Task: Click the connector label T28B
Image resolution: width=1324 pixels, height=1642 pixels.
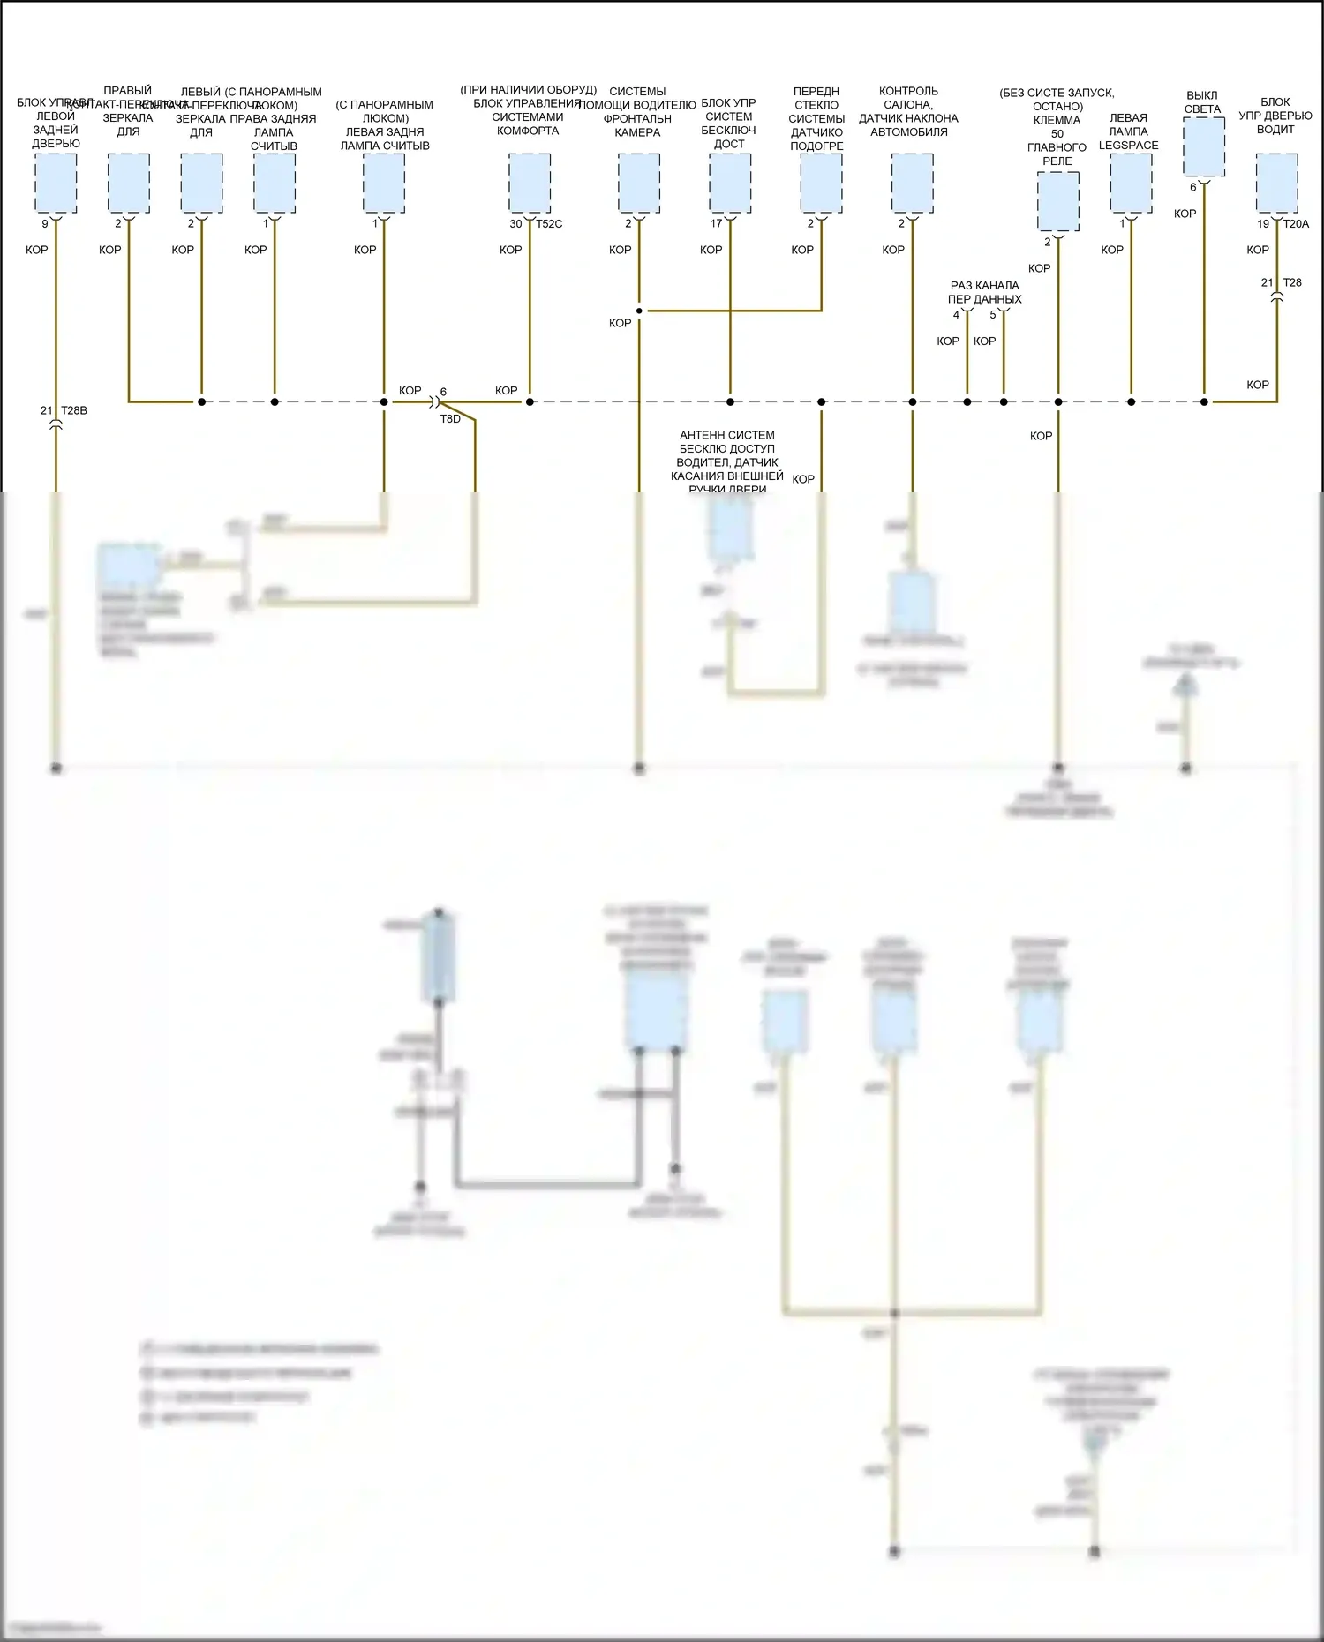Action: pos(74,410)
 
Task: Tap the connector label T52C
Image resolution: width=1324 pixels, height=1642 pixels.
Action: pos(549,224)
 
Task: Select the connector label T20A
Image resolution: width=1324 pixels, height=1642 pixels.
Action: pos(1296,224)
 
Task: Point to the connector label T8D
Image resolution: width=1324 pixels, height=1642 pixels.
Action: pos(450,419)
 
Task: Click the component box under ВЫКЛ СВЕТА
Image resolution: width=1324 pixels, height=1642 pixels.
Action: pos(1204,146)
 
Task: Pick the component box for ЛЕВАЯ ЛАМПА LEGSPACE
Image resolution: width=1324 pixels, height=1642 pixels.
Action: pos(1131,183)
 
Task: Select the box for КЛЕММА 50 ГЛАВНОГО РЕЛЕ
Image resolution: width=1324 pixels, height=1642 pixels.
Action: pos(1057,201)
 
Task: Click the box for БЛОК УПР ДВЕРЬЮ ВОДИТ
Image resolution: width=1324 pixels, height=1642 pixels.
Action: pos(1276,183)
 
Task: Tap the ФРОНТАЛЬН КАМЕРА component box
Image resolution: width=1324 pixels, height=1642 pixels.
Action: pos(638,183)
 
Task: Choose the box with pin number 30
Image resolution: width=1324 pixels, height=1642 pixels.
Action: pos(530,183)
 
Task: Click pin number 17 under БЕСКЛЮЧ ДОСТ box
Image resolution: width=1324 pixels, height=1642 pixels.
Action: pos(716,224)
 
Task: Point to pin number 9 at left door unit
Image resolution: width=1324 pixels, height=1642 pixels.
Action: pos(45,224)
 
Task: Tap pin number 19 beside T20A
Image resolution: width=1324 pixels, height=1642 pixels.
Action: pos(1263,224)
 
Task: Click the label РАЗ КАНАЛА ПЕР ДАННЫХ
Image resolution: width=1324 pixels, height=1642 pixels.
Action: pos(984,292)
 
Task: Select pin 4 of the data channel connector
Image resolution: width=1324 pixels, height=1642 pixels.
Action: pos(956,315)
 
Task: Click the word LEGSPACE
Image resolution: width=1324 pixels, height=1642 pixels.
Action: pos(1128,146)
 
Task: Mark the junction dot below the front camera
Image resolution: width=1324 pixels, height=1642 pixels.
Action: pos(638,311)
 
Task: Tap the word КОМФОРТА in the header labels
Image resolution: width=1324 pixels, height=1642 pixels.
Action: pos(528,131)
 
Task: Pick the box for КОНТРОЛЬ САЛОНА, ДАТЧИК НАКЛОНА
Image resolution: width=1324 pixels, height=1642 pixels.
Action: pos(912,183)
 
